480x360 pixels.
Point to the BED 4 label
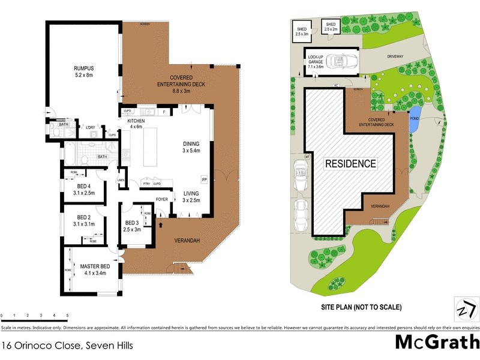[84, 190]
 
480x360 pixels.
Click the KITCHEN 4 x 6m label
[139, 123]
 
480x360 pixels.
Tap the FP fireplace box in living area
[204, 180]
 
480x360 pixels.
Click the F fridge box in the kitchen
[164, 112]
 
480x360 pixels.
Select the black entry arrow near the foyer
[161, 226]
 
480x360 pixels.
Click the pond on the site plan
[414, 113]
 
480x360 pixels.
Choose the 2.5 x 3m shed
[301, 31]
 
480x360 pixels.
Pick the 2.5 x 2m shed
[331, 26]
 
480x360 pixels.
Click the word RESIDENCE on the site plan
[351, 163]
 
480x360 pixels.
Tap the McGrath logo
[437, 342]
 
